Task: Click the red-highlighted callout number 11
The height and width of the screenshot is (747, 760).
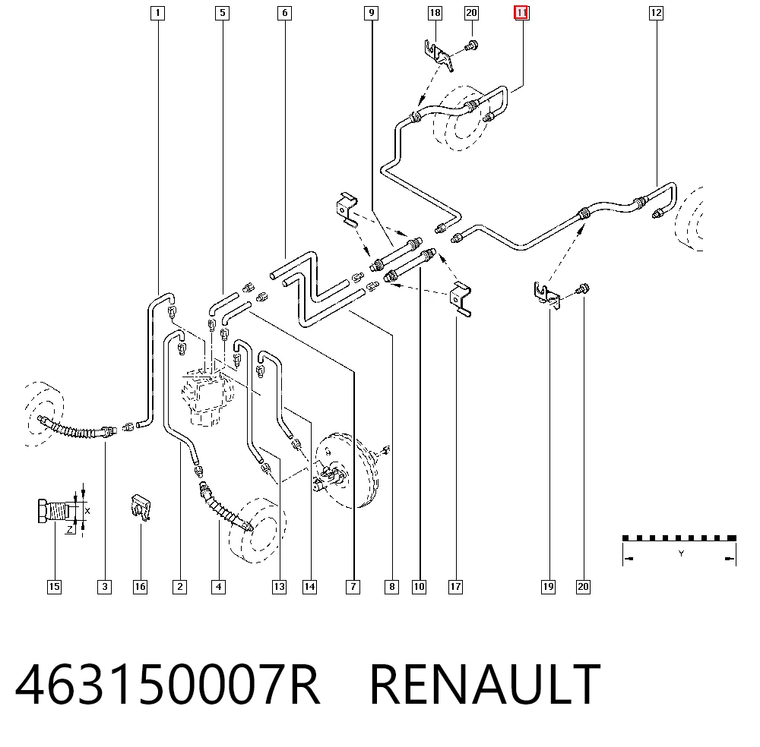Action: tap(521, 13)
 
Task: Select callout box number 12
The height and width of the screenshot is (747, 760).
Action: tap(656, 13)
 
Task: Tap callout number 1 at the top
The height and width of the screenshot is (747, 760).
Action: tap(157, 13)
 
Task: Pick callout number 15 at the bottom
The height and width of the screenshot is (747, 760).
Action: tap(54, 587)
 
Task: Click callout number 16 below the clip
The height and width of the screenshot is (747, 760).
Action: tap(140, 587)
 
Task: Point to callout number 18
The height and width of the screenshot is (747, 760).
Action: tap(435, 13)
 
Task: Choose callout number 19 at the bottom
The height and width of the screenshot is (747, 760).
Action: tap(548, 587)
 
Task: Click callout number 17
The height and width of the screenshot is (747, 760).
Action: tap(455, 587)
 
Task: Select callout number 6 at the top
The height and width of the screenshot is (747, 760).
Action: tap(284, 13)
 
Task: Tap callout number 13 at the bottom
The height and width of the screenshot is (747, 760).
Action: tap(279, 587)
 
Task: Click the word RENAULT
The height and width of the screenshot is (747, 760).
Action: tap(485, 684)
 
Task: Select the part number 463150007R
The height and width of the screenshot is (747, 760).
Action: tap(168, 684)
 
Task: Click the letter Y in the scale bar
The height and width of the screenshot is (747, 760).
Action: tap(681, 553)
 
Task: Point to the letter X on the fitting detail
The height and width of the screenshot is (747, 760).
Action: tap(87, 511)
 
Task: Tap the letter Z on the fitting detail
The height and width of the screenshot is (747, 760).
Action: tap(70, 530)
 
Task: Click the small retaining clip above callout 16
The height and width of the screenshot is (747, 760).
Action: tap(141, 508)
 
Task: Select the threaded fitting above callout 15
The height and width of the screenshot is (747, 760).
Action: tap(55, 511)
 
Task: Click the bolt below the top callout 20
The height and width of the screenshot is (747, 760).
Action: tap(471, 46)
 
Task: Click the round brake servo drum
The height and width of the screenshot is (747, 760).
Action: tap(344, 471)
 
